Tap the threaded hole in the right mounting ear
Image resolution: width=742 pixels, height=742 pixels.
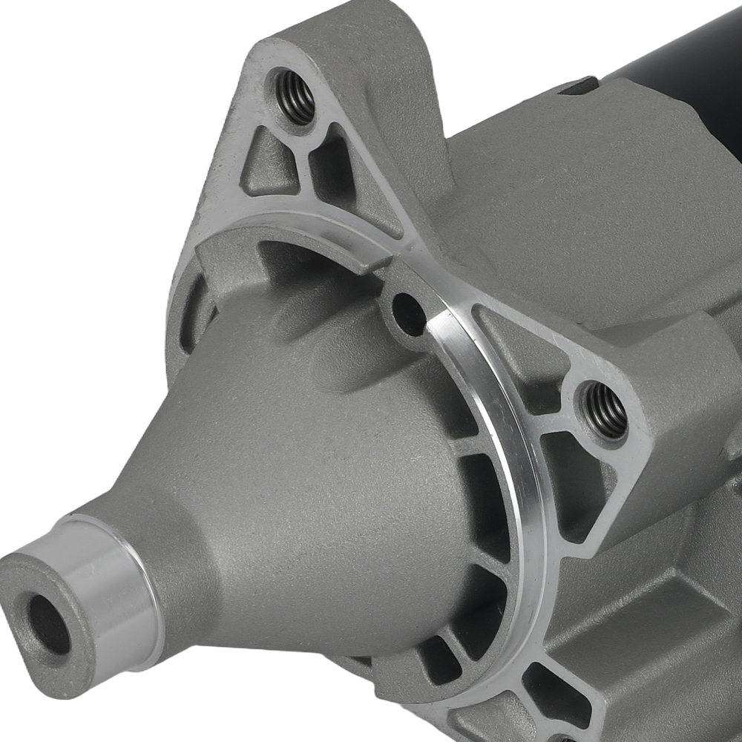(x=605, y=410)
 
